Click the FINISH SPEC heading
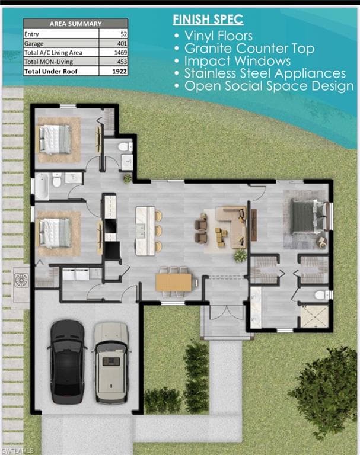click(x=208, y=20)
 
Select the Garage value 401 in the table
click(x=122, y=43)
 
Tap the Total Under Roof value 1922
click(x=120, y=71)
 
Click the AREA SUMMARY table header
click(x=75, y=24)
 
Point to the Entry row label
click(x=31, y=34)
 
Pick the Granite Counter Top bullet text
click(x=249, y=49)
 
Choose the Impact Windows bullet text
click(x=237, y=61)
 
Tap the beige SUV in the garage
click(x=111, y=363)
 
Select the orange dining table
click(x=174, y=282)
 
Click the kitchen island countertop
click(x=145, y=230)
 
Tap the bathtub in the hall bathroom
click(x=42, y=187)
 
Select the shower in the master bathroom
click(x=314, y=316)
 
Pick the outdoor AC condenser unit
click(x=21, y=280)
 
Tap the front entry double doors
click(x=227, y=312)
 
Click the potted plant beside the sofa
click(x=240, y=256)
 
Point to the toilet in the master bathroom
click(x=322, y=295)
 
